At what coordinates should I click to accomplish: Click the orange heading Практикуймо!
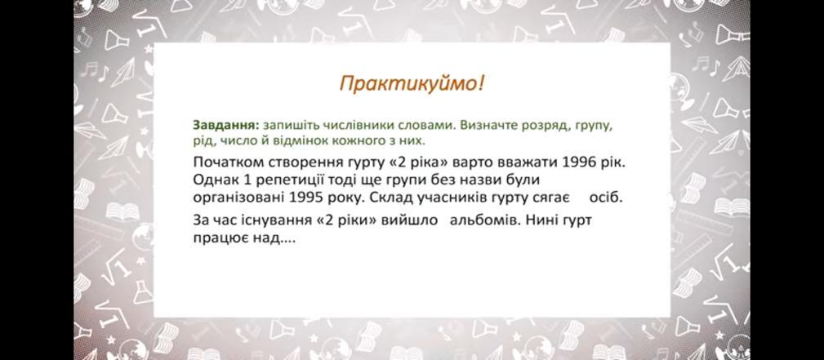(x=411, y=83)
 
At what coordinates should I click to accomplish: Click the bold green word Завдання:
(x=226, y=127)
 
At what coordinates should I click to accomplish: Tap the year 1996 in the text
(x=579, y=162)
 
